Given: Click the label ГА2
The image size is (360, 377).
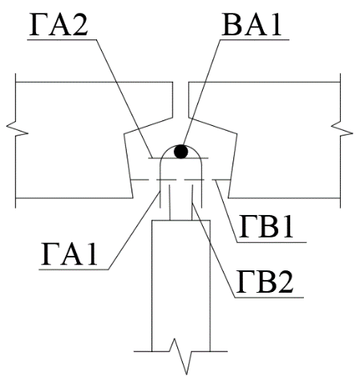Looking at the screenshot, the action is pos(59,25).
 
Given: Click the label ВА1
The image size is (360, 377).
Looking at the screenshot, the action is pos(252,25).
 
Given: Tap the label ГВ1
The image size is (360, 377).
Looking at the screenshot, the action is pos(266,226).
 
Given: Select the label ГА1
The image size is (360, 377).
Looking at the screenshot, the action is pos(69,253).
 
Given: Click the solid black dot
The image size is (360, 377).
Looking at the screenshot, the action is pos(181,152).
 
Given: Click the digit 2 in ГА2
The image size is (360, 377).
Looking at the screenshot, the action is pos(80,25).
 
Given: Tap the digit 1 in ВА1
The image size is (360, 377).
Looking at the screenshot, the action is pos(274,25).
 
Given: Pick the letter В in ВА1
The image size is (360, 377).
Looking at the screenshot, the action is pos(231,25).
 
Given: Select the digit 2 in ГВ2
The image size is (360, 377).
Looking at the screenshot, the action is pos(285,281).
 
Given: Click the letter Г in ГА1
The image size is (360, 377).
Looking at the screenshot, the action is pos(50,253).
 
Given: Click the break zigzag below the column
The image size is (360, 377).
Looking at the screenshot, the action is pos(180,356).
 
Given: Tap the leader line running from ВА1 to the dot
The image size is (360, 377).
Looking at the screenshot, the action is pos(201,92).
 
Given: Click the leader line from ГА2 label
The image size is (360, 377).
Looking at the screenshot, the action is pos(124,99).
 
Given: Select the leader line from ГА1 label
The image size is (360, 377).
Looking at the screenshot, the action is pos(134,230).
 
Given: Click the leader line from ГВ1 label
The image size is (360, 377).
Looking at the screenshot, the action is pos(227,212).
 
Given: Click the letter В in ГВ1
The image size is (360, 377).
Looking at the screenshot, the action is pos(266,226).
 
